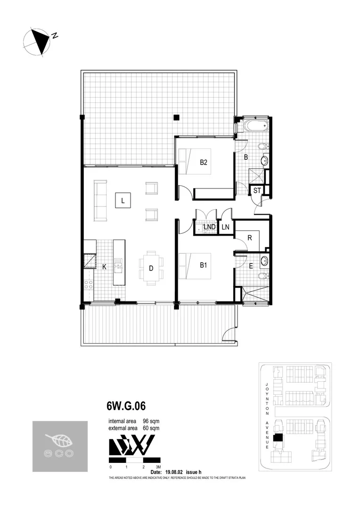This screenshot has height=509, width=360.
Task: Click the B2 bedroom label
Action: pos(204,163)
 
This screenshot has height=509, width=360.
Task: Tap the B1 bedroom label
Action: pos(204,265)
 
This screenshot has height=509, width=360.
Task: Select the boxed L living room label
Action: pos(123,201)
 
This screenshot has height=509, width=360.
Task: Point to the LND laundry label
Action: pos(209,227)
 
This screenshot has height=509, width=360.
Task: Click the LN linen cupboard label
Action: pos(226,227)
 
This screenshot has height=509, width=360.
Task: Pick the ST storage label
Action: pos(257,190)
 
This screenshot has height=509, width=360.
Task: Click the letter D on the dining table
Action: pos(151,268)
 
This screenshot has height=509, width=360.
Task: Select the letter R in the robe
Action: pos(250,238)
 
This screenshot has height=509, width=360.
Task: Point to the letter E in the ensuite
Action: pos(251,266)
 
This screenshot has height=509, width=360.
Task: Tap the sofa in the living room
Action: pos(100,201)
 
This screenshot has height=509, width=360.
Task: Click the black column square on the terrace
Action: pos(176,117)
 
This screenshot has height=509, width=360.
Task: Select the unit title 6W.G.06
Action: pos(122,406)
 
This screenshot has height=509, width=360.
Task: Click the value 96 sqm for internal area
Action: pos(152,421)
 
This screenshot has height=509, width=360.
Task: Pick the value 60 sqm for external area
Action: pos(152,428)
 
